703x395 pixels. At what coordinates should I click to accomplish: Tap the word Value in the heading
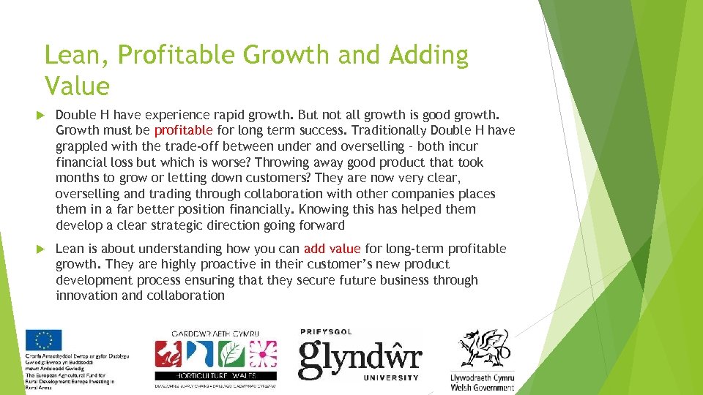click(x=76, y=86)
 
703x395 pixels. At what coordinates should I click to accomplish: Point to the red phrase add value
click(x=332, y=249)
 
